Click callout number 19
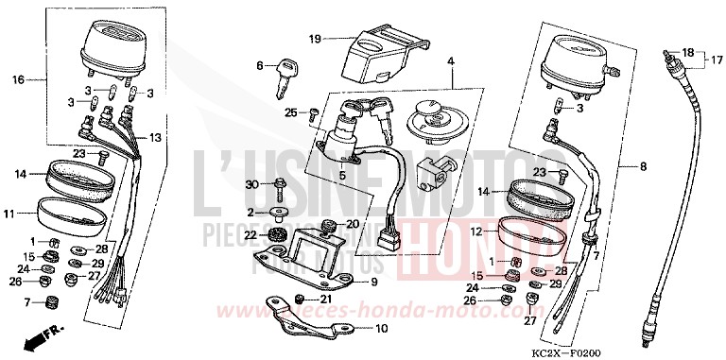click(x=315, y=39)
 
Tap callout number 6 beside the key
click(x=258, y=65)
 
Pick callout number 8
click(x=643, y=166)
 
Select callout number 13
click(x=155, y=138)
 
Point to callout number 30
click(x=252, y=182)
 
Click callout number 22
click(x=252, y=234)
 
